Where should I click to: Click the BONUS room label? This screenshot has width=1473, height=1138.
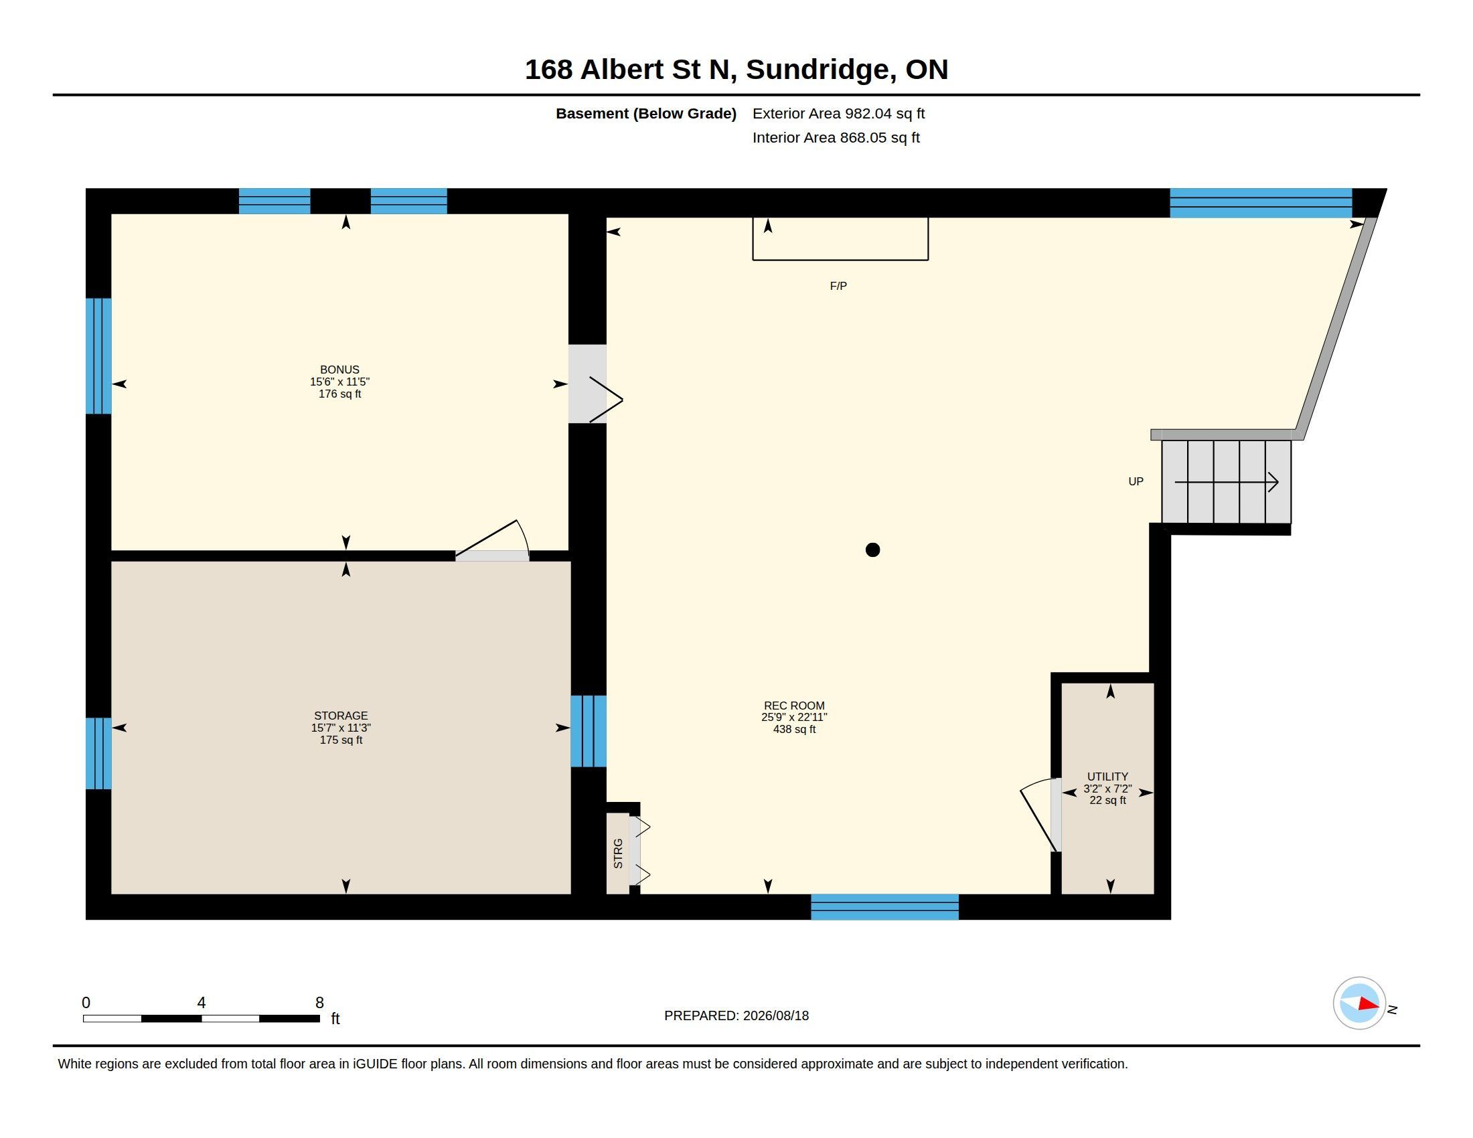click(x=340, y=370)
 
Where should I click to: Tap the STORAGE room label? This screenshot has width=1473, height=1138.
click(x=341, y=716)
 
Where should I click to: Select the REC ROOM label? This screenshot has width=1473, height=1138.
click(x=794, y=706)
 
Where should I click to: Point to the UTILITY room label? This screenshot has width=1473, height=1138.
click(x=1107, y=777)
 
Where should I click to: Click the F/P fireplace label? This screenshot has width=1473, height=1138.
click(x=838, y=286)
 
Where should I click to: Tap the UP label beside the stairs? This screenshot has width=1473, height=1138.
click(x=1136, y=481)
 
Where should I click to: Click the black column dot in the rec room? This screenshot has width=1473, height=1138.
click(x=872, y=550)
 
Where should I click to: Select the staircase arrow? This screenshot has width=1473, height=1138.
click(x=1226, y=482)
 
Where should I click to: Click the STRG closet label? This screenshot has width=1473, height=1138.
click(x=618, y=853)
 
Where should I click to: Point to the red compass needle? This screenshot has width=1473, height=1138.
click(x=1369, y=1004)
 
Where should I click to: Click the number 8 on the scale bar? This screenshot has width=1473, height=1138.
click(x=319, y=1003)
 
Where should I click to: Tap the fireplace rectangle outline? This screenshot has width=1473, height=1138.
click(x=840, y=260)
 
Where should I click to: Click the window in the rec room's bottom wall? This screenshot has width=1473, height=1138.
click(x=884, y=907)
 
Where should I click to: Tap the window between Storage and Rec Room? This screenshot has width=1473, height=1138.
click(x=588, y=732)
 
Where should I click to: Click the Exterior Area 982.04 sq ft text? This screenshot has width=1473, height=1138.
click(x=838, y=113)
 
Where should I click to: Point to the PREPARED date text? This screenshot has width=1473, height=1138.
click(x=736, y=1015)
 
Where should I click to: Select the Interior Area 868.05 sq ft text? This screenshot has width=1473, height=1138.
click(x=836, y=137)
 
